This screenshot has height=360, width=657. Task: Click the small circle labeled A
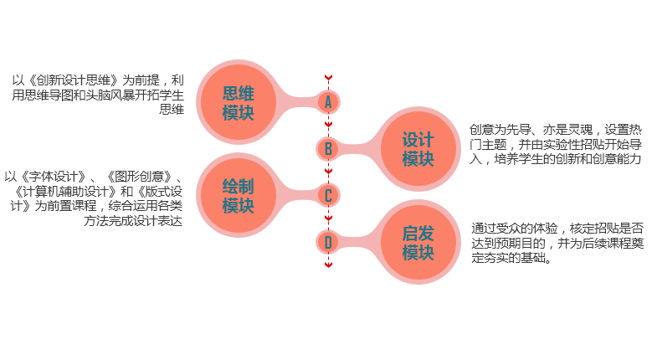pyautogui.click(x=328, y=101)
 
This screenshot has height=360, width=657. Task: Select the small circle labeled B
pyautogui.click(x=328, y=149)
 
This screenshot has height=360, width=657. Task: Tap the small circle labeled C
pyautogui.click(x=328, y=196)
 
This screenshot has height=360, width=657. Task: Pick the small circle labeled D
pyautogui.click(x=328, y=243)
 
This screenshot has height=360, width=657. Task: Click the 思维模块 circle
pyautogui.click(x=238, y=102)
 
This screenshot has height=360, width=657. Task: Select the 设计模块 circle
pyautogui.click(x=418, y=149)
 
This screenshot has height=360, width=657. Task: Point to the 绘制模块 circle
pyautogui.click(x=238, y=195)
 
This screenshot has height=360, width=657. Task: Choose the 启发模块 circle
pyautogui.click(x=418, y=243)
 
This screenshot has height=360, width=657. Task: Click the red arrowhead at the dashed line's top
pyautogui.click(x=328, y=78)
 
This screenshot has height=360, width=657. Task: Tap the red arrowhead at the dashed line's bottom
pyautogui.click(x=328, y=265)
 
